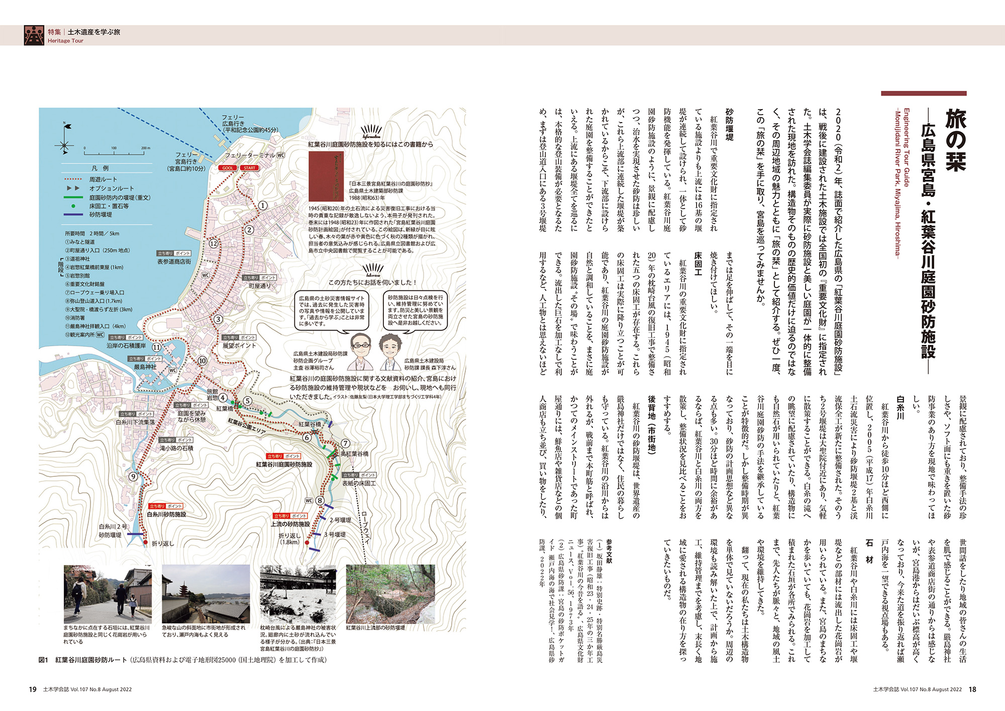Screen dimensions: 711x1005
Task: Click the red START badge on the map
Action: coord(250,168)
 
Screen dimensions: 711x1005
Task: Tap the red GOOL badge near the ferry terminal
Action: coord(228,168)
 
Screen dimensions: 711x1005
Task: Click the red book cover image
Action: coord(326,176)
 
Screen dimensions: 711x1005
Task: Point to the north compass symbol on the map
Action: coord(64,140)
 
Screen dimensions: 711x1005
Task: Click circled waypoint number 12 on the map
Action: coord(214,244)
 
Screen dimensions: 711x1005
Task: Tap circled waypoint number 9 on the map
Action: coord(133,477)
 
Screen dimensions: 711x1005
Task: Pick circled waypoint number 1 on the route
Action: coord(262,206)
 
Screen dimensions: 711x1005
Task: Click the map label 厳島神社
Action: coord(145,367)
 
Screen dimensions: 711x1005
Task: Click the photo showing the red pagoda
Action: coord(206,593)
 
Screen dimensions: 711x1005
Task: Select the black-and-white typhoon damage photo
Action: coord(298,593)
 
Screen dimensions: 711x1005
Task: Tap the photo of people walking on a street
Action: coord(108,593)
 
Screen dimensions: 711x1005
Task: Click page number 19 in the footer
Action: coord(33,689)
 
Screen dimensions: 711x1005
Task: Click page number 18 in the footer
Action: coord(972,689)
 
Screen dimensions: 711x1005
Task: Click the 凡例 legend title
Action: coord(100,168)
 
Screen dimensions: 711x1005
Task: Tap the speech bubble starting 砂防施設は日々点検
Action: coord(415,311)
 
